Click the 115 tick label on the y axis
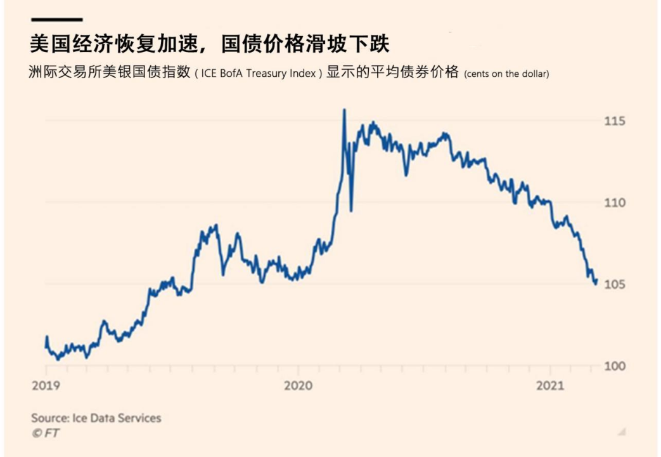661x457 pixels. coord(615,121)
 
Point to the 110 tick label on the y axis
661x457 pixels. coord(615,202)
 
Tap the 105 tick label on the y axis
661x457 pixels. coord(615,284)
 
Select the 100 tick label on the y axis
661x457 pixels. coord(615,366)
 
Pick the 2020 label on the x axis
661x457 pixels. coord(298,385)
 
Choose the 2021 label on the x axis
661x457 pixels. coord(550,385)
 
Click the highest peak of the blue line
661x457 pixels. coord(344,110)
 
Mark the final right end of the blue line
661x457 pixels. coord(597,279)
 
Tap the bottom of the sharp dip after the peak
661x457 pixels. coord(351,211)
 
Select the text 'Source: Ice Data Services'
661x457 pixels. coord(96,418)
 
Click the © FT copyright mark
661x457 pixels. coord(45,433)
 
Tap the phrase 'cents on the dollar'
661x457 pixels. coord(506,74)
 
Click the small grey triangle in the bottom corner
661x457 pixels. coord(622,432)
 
